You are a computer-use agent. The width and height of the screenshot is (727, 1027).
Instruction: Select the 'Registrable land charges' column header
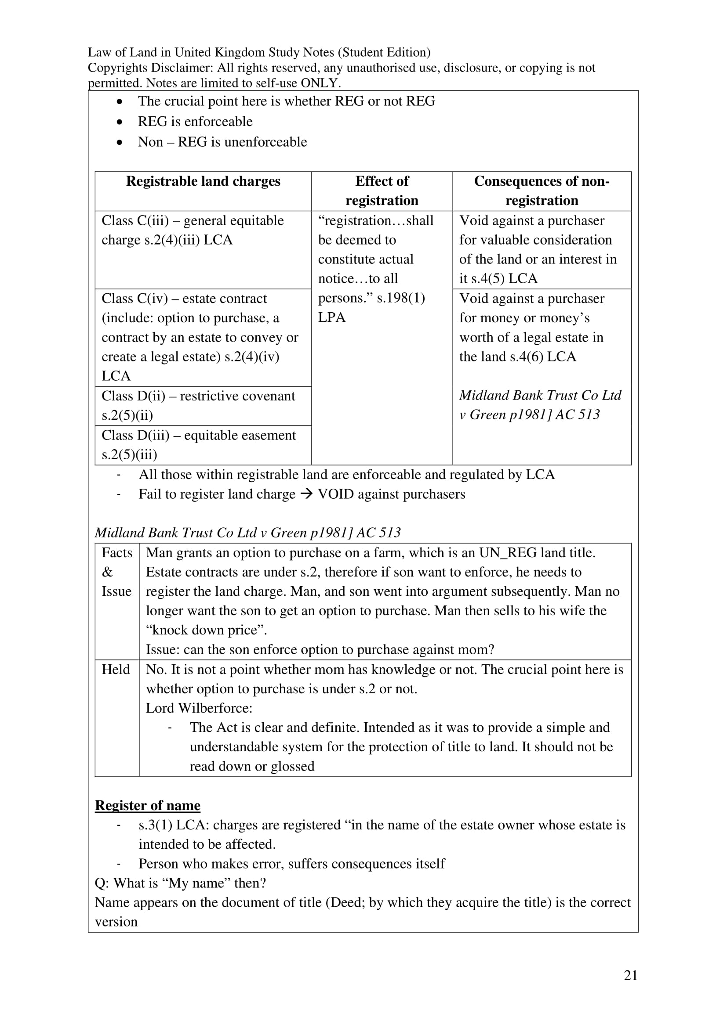[203, 181]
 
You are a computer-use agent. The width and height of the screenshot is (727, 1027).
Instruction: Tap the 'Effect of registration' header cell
[382, 191]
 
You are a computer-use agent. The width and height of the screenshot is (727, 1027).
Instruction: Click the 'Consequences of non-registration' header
[542, 191]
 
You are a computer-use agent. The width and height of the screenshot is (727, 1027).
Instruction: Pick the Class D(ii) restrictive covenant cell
[203, 406]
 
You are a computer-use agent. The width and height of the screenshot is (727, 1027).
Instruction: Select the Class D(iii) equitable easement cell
[203, 445]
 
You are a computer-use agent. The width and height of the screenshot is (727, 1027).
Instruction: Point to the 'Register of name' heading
[147, 805]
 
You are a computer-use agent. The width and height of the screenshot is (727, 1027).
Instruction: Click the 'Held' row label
[116, 670]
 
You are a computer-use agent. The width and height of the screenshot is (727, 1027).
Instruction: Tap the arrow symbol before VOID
[307, 494]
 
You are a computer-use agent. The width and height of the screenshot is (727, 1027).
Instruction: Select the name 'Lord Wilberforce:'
[199, 708]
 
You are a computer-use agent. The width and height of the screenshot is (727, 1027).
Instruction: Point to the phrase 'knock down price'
[206, 630]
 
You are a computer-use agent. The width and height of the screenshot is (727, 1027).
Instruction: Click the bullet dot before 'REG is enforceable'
[119, 122]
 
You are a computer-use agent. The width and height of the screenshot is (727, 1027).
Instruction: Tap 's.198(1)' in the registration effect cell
[401, 298]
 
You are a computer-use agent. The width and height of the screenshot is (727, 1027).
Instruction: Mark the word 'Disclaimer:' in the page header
[181, 68]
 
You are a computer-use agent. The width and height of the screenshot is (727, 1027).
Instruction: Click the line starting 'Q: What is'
[180, 883]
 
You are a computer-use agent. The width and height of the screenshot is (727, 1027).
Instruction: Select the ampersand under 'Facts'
[107, 572]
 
